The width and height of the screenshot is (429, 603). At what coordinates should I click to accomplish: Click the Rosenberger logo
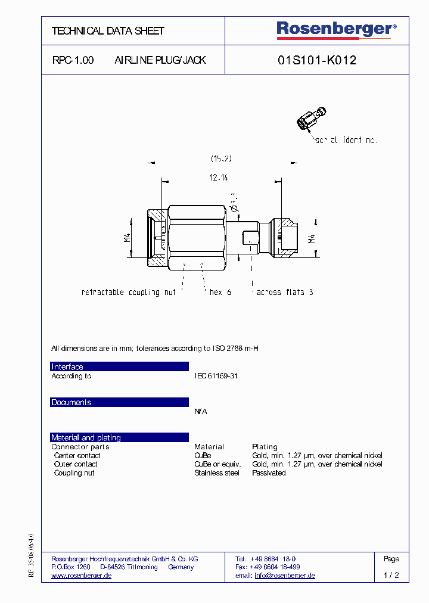tap(336, 29)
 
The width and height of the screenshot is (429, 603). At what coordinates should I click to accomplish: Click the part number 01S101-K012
tap(317, 60)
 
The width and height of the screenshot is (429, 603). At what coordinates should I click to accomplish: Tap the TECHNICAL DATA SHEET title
tap(108, 30)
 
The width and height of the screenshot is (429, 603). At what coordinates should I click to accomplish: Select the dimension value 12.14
tap(219, 177)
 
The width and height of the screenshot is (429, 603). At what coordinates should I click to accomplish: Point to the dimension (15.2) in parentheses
tap(220, 158)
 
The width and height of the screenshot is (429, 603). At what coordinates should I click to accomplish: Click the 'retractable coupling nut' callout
tap(128, 292)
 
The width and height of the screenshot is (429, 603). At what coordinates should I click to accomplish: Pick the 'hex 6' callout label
tap(220, 292)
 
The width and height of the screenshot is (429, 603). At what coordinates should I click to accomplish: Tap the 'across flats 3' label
tap(285, 292)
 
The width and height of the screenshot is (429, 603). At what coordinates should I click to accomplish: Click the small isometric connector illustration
tap(310, 119)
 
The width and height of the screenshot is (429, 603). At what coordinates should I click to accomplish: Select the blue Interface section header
tap(119, 366)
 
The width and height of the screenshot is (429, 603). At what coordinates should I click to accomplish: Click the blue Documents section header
tap(119, 402)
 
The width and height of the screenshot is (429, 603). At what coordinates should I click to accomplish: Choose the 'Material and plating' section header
tap(119, 437)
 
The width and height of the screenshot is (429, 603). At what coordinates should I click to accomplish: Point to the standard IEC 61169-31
tap(216, 376)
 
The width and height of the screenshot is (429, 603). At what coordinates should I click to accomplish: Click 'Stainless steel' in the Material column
tap(217, 473)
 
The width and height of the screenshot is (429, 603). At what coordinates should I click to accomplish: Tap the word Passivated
tap(269, 473)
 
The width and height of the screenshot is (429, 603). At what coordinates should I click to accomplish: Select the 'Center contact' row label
tap(77, 455)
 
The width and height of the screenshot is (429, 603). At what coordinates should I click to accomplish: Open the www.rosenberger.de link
tap(82, 576)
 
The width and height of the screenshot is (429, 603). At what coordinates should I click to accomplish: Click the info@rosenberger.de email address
tap(285, 576)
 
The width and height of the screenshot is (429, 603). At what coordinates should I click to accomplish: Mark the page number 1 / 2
tap(391, 576)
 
